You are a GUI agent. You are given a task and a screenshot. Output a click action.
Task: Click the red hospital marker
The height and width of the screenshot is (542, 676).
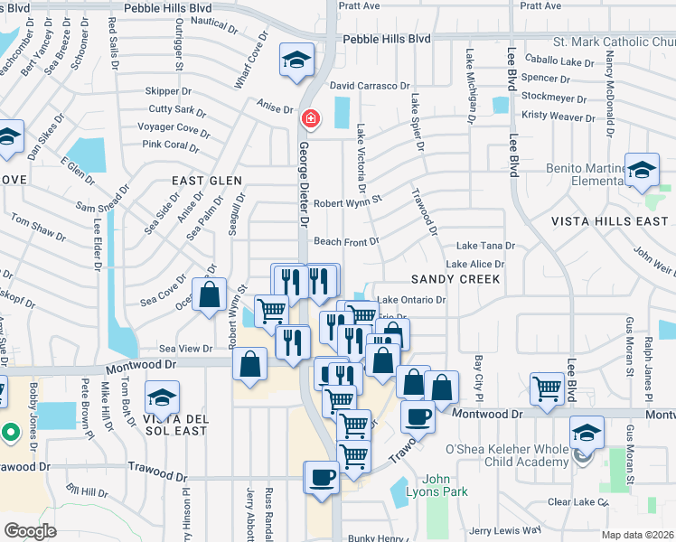coord(310,118)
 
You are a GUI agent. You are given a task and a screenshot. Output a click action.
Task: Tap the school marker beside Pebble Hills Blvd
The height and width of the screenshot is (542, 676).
coord(296,60)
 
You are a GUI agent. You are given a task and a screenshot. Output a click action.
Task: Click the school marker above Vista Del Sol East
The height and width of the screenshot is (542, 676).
coord(162,397)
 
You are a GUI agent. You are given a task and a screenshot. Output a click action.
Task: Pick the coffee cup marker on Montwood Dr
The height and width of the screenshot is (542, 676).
coord(418,416)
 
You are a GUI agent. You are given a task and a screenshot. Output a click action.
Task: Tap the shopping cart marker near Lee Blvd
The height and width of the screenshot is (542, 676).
coord(548,388)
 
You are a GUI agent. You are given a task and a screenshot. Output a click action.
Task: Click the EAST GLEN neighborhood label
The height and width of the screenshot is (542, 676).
coord(207,181)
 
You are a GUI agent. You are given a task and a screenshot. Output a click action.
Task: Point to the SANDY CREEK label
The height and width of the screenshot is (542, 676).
coord(455,279)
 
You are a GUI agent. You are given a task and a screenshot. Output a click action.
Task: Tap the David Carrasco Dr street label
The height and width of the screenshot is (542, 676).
coord(370,86)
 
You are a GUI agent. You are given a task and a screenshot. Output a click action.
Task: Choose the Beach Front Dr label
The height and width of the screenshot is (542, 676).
coord(346,241)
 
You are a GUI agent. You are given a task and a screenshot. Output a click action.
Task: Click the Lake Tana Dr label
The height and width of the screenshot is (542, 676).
coord(485,246)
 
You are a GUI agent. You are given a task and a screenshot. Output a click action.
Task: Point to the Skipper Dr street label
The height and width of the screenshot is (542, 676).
coord(169,91)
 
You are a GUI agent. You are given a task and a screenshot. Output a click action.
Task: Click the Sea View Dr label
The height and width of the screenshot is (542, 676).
coord(185,349)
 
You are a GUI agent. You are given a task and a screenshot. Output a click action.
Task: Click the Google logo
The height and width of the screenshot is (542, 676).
coord(31,531)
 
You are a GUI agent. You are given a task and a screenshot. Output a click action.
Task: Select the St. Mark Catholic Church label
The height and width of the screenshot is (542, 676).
coord(614,41)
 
